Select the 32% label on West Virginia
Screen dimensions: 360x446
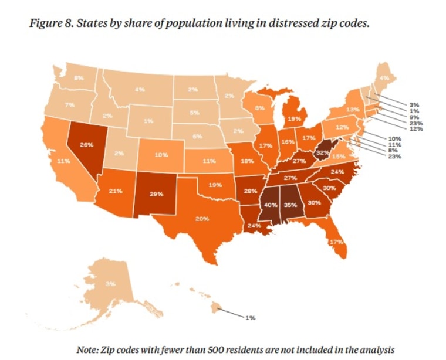(x=321, y=152)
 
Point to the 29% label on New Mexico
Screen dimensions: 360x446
(x=156, y=193)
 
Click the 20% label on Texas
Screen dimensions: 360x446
(x=202, y=219)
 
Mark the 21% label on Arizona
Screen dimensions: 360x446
(x=115, y=191)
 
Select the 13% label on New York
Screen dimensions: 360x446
(x=353, y=109)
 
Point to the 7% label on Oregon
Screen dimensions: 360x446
(x=70, y=104)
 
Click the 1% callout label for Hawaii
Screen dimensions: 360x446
(x=250, y=317)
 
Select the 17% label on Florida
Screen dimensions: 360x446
(x=336, y=242)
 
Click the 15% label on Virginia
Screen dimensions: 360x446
(x=339, y=156)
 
